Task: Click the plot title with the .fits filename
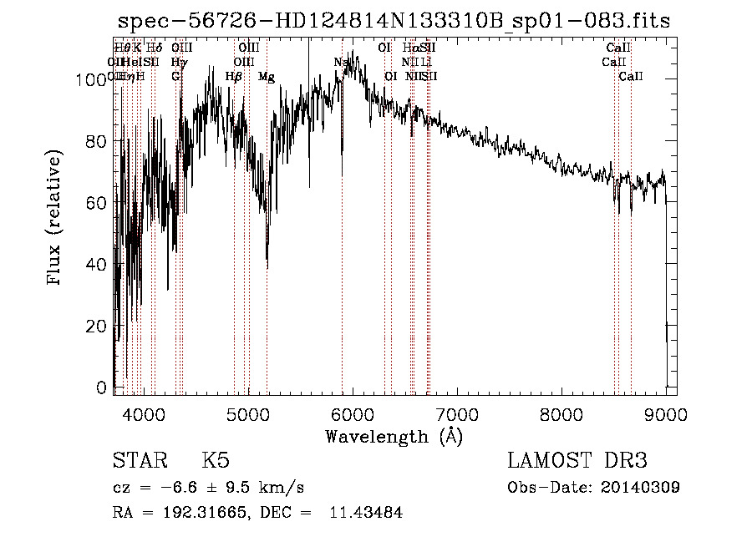click(x=394, y=21)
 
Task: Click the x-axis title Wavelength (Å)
click(x=394, y=436)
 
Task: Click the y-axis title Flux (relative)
click(x=55, y=220)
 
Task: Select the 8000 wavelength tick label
click(x=561, y=413)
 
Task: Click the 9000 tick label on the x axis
click(x=666, y=413)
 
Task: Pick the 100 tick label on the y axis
click(x=87, y=80)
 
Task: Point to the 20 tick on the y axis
click(x=94, y=327)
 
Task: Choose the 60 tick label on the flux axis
click(x=94, y=203)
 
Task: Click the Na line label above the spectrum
click(x=341, y=63)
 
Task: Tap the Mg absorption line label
click(x=266, y=77)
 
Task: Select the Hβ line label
click(x=234, y=77)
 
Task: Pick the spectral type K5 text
click(x=216, y=461)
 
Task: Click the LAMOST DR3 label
click(x=577, y=461)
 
